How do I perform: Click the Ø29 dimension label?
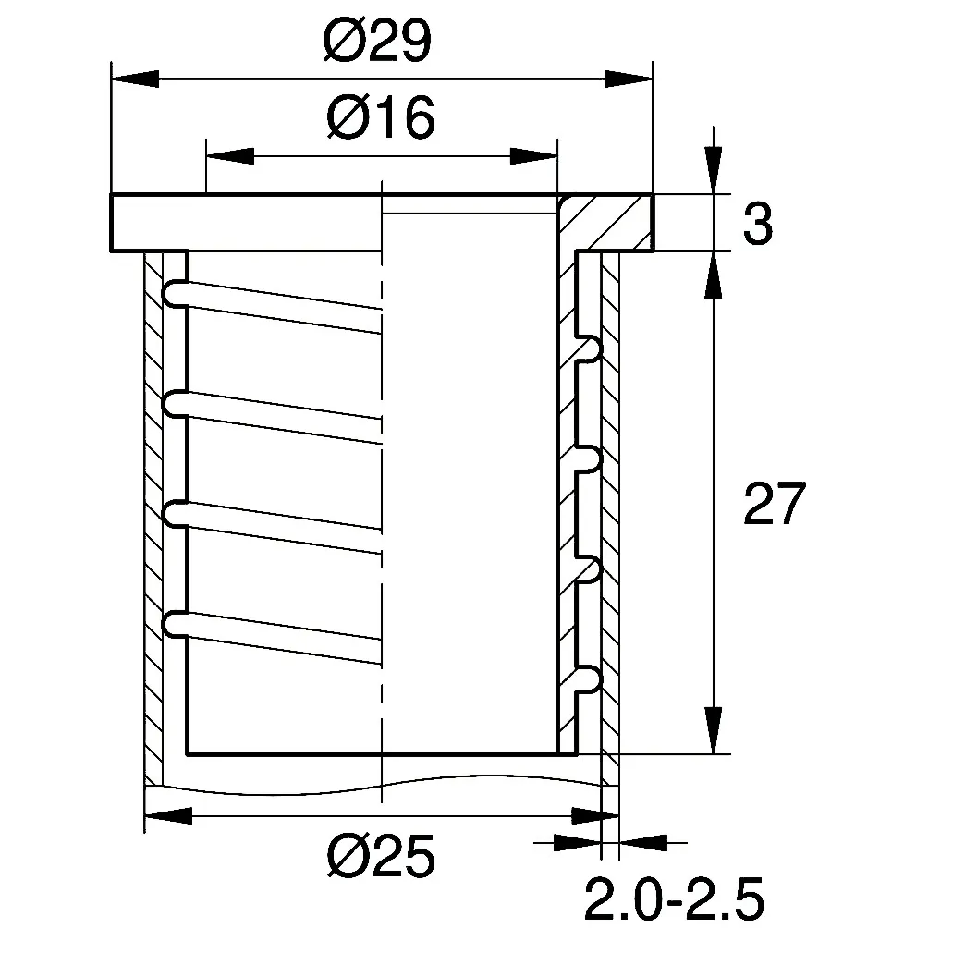tap(377, 40)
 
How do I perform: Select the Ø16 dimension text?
tap(381, 117)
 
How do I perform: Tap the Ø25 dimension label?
tap(381, 856)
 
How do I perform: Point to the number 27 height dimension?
tap(775, 503)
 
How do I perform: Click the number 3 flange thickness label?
tap(758, 224)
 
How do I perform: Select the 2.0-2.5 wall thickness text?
tap(674, 898)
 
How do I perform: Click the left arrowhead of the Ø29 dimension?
tap(135, 79)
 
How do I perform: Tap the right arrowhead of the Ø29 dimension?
tap(628, 79)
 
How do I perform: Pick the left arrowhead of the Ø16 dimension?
tap(230, 156)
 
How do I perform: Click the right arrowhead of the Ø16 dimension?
tap(533, 156)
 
